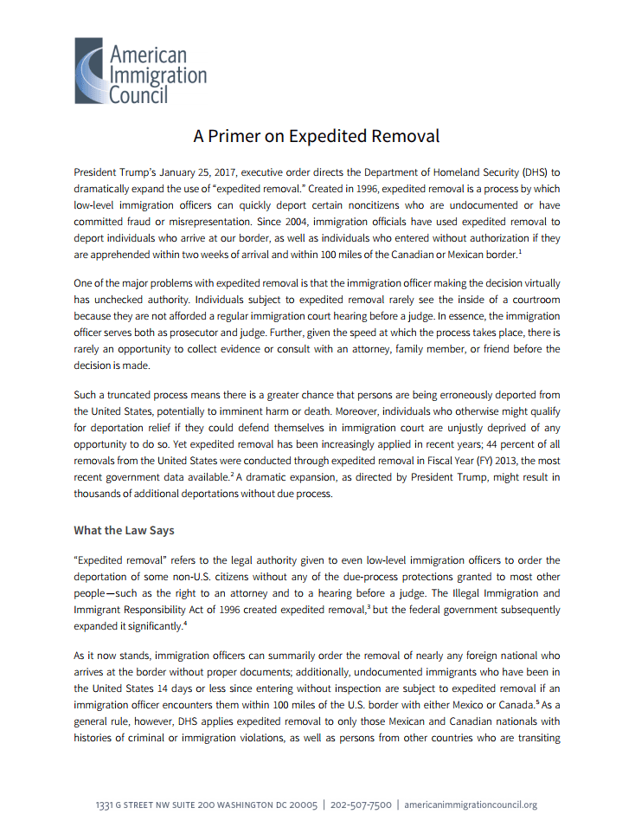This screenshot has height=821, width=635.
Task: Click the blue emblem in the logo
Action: point(89,71)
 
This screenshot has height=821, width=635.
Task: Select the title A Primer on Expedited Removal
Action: point(317,136)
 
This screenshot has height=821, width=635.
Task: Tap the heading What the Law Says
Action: point(124,530)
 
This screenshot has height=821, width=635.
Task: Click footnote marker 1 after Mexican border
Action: point(519,251)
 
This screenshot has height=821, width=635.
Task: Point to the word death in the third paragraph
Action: point(333,411)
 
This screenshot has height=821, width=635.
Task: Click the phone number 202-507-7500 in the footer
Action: point(362,805)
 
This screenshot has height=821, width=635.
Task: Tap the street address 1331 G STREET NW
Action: point(133,805)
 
